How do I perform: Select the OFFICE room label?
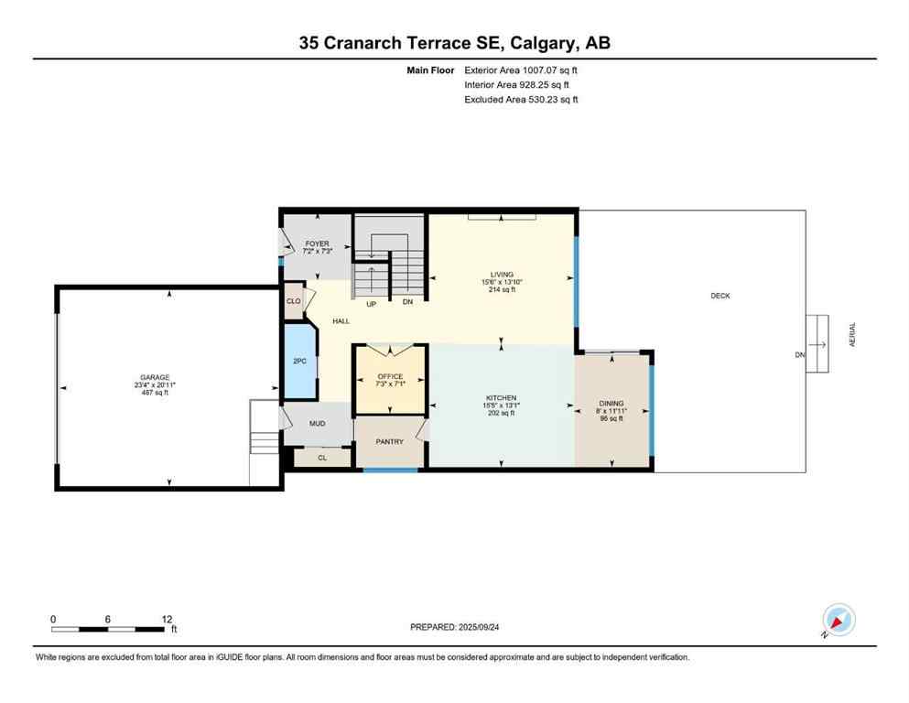point(390,376)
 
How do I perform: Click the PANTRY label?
point(390,441)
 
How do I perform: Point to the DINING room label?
point(611,404)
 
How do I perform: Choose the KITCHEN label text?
point(501,398)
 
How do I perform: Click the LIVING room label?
point(502,275)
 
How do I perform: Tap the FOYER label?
point(317,244)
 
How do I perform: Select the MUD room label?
point(317,424)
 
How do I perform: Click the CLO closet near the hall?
point(294,300)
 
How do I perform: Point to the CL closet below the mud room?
point(322,458)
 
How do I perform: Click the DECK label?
point(720,296)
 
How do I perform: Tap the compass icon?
point(839,621)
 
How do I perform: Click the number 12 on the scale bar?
point(167,619)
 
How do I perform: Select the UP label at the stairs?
point(371,304)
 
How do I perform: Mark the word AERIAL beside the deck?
point(852,332)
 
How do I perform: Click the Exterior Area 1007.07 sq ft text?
point(522,70)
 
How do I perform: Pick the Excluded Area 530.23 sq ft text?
point(522,99)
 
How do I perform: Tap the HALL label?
point(341,321)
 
